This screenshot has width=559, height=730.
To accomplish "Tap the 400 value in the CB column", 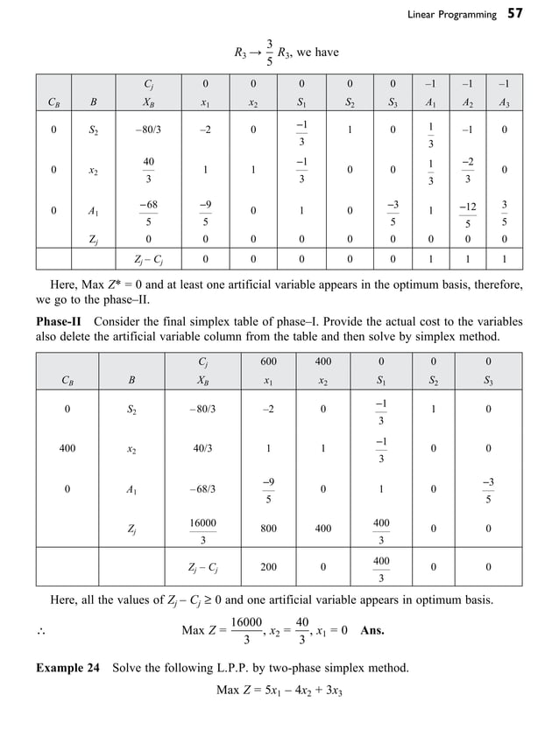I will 67,448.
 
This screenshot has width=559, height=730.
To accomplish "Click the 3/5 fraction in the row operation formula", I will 269,53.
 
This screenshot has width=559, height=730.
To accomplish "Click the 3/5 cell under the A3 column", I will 502,212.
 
